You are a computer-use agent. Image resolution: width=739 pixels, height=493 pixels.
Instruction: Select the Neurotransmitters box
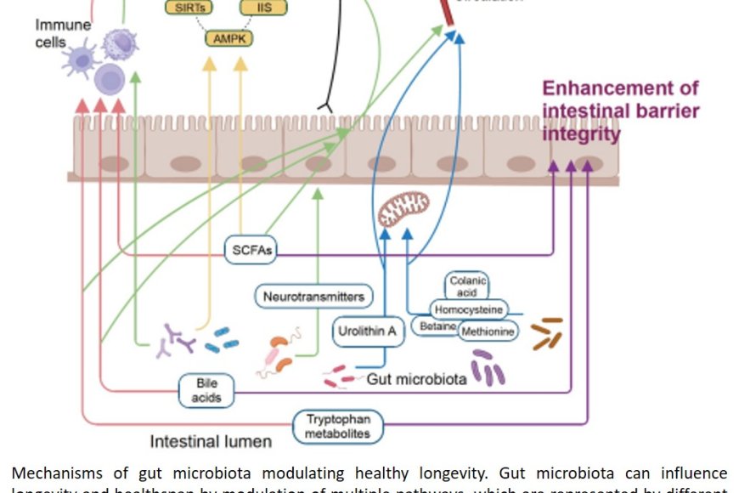(313, 296)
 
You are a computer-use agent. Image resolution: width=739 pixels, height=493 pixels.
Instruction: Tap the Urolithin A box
(366, 331)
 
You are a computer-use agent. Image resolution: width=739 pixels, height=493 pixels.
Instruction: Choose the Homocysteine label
(468, 309)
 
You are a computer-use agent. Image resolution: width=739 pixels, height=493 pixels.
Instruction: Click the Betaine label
(436, 326)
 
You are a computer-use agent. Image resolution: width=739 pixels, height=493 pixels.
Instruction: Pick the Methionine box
(488, 331)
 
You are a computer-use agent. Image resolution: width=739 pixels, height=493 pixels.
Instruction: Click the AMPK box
(229, 37)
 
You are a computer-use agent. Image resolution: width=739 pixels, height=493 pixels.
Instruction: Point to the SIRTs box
(189, 8)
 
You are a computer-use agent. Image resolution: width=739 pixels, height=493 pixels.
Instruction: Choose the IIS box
(262, 8)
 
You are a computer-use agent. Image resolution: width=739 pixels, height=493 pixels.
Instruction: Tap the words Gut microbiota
(416, 379)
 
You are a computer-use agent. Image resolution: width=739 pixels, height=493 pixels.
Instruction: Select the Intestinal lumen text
(211, 441)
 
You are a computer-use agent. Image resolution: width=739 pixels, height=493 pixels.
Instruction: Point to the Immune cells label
(62, 33)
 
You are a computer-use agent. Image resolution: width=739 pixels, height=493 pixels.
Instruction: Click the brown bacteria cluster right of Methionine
(547, 333)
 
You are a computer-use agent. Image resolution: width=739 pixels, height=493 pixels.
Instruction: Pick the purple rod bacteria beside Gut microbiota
(488, 367)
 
